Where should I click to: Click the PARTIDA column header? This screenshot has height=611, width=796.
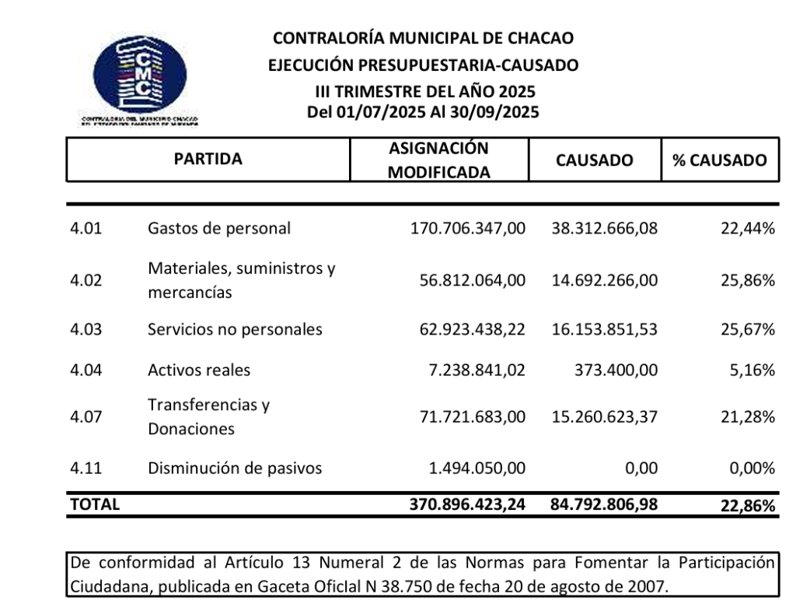[208, 160]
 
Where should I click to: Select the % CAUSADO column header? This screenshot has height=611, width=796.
[719, 160]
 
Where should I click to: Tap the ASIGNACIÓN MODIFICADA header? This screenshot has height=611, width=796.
[438, 160]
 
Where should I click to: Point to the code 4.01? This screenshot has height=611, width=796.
[86, 228]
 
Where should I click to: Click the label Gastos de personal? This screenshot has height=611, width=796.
[219, 228]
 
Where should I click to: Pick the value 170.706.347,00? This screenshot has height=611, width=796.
[467, 228]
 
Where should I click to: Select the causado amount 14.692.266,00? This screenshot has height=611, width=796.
[605, 280]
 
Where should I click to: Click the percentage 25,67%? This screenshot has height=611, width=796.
[747, 329]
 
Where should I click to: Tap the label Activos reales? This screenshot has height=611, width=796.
[199, 370]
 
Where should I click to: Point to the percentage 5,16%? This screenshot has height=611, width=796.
[752, 370]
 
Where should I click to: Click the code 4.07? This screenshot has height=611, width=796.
[86, 417]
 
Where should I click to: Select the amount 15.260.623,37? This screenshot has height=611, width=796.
[605, 417]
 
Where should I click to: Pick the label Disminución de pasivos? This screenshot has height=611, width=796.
[235, 469]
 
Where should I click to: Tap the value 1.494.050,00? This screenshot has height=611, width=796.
[477, 469]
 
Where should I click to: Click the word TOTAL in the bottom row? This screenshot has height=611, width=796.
[95, 504]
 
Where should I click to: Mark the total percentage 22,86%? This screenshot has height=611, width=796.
[747, 505]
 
